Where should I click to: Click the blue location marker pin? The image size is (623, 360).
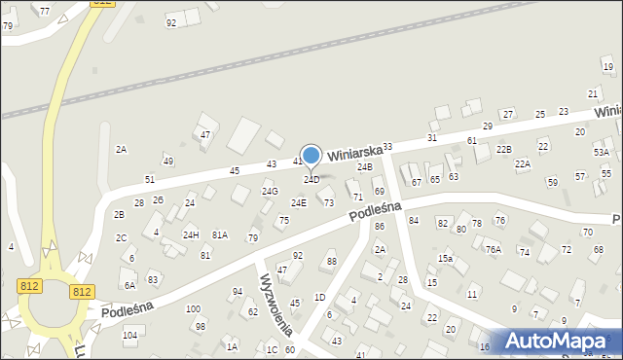coord(311,156)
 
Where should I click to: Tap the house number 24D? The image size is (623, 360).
coord(311,180)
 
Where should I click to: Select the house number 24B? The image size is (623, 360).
coord(364,167)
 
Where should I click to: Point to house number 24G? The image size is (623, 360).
coord(270,192)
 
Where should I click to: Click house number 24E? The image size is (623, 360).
coord(299,202)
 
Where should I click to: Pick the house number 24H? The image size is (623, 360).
coord(191,234)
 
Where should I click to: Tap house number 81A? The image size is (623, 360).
coord(220,234)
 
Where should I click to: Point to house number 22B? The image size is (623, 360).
coord(503,149)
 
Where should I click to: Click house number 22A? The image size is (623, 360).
coord(523,164)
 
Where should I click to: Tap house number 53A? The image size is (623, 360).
coord(602,153)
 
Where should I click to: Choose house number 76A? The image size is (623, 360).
coord(494,250)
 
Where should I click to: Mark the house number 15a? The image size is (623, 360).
coord(445,259)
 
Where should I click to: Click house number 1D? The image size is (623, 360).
coord(319,297)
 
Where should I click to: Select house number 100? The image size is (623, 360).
coord(193,309)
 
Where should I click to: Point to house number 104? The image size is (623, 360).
coord(129,335)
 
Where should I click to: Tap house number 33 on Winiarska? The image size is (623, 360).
coord(387,147)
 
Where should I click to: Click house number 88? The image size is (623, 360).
coord(331,262)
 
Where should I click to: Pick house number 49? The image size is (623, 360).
coord(168,162)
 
